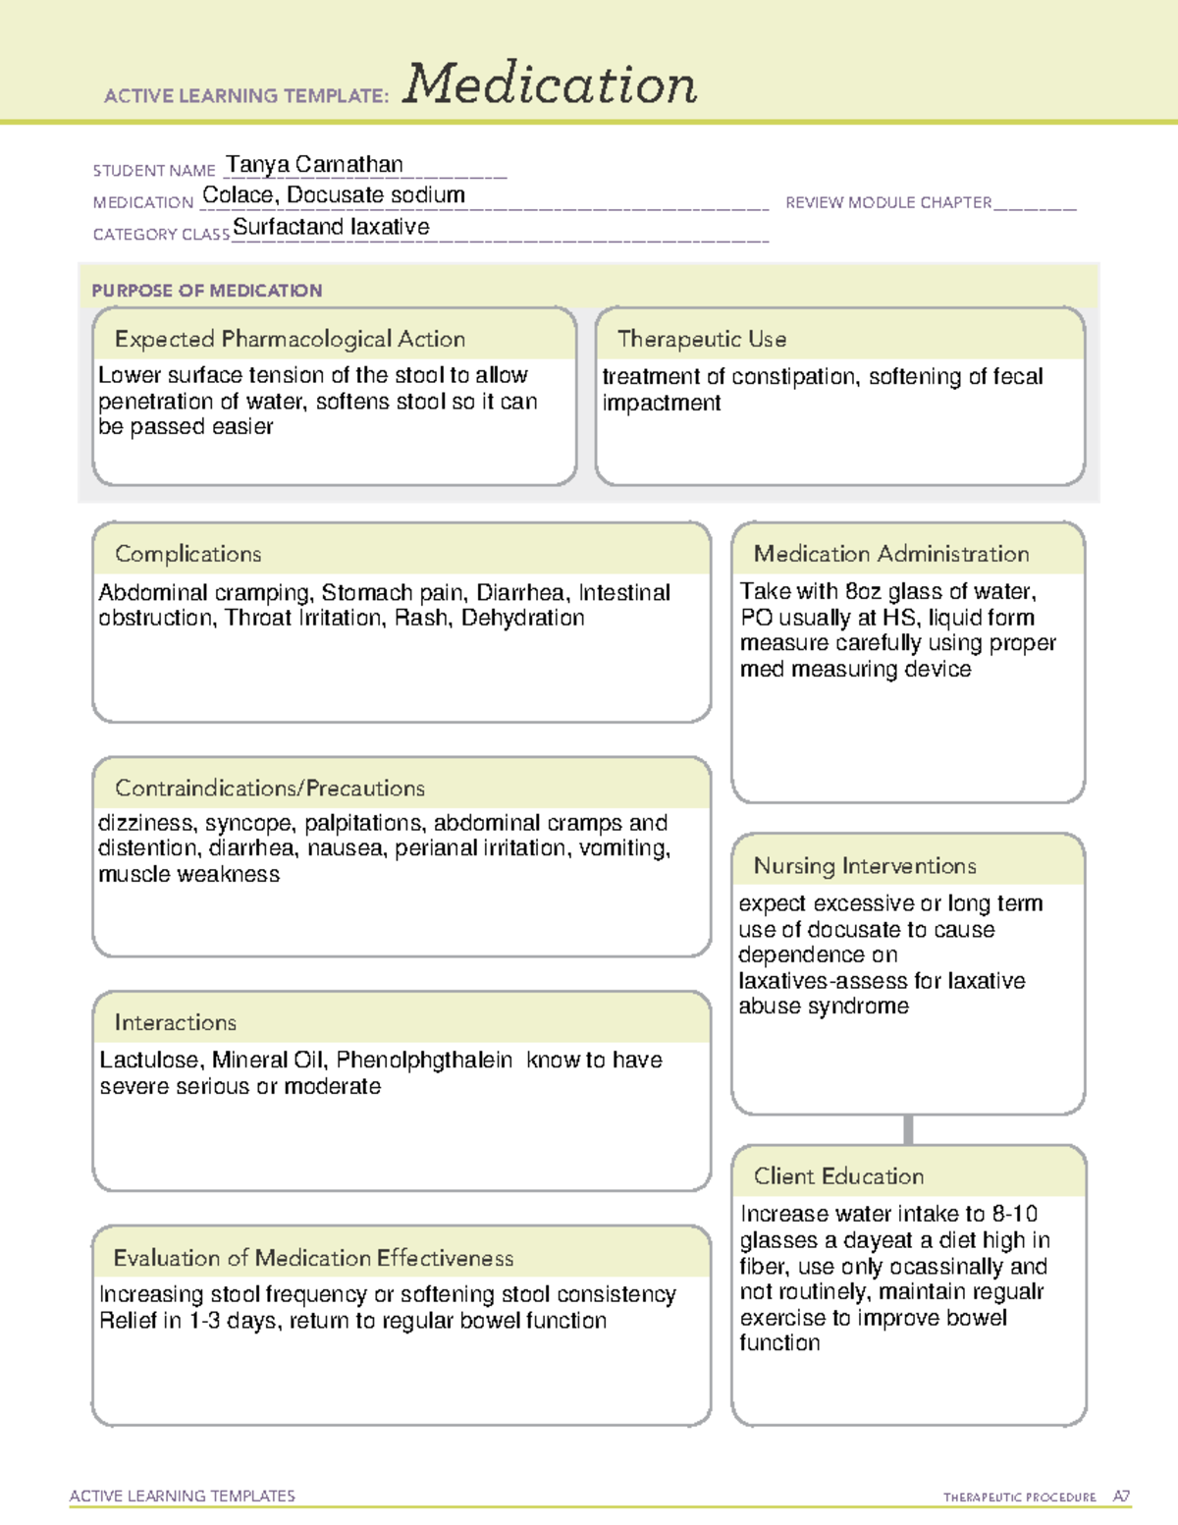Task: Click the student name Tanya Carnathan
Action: (314, 164)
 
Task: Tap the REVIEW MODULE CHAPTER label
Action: (888, 202)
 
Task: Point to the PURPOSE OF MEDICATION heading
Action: (207, 291)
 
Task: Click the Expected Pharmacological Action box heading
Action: (290, 339)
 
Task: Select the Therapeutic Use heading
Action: (702, 339)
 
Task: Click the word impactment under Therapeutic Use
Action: (662, 403)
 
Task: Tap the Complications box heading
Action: (188, 554)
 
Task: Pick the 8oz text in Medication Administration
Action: (864, 591)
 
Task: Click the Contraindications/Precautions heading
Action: (270, 788)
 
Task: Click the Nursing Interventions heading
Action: (865, 866)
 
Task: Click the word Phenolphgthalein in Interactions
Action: (424, 1061)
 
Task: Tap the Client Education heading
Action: (839, 1176)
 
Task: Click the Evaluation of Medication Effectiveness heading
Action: (313, 1258)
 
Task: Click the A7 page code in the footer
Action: (1121, 1497)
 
